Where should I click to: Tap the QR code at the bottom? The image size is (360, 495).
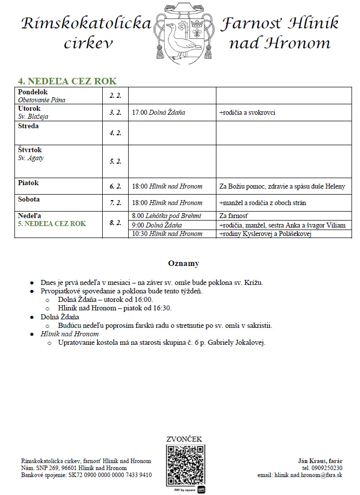185,465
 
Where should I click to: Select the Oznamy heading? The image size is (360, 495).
183,263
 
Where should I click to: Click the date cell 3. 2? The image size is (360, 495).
115,112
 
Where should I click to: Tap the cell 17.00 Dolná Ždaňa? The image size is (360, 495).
159,113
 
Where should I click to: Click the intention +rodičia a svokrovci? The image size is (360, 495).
247,113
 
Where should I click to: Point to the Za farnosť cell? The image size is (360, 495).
233,216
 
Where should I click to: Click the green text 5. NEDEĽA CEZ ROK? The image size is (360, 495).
52,224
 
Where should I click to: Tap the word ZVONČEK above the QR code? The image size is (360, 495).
184,439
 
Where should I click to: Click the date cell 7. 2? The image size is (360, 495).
115,203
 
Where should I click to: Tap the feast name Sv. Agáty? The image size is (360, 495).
31,158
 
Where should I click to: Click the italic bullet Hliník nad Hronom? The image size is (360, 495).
69,334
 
